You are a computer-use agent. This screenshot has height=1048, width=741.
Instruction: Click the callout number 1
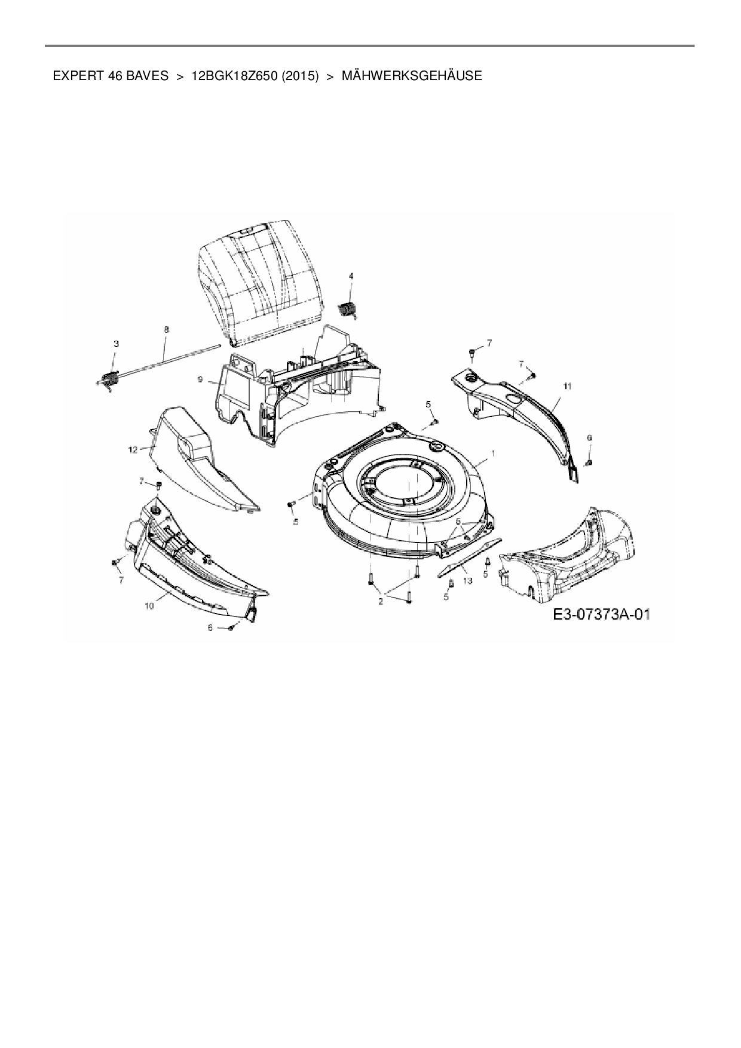tap(493, 454)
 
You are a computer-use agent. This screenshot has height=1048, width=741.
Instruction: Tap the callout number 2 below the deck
tap(380, 601)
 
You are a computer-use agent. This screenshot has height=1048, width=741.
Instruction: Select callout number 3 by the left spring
tap(116, 344)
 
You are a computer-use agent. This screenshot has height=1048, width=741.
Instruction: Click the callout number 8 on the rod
tap(166, 329)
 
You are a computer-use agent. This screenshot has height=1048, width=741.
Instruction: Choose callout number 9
tap(200, 379)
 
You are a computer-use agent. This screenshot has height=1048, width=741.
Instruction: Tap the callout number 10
tap(149, 605)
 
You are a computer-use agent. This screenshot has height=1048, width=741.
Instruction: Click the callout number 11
tap(567, 387)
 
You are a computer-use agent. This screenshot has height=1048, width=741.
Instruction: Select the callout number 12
tap(133, 449)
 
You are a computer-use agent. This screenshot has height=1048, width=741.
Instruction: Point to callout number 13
tap(467, 580)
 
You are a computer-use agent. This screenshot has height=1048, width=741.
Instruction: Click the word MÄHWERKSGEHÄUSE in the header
tap(412, 76)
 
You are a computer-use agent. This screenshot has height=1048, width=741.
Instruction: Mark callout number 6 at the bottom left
tap(210, 627)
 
